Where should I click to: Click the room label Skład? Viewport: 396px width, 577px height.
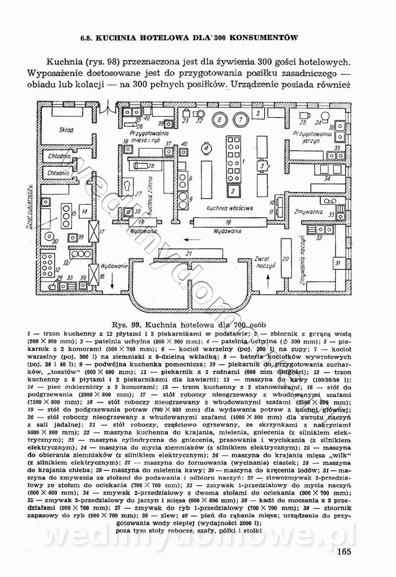tap(65, 130)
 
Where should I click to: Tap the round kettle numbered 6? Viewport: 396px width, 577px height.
tap(219, 119)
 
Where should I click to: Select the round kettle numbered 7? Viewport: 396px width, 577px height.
tap(240, 119)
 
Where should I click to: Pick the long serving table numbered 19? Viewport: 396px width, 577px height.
tap(228, 222)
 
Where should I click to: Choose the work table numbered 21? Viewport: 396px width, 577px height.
tap(189, 254)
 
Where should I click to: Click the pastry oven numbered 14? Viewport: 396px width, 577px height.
tap(85, 211)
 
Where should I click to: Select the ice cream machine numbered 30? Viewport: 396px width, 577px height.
tap(54, 241)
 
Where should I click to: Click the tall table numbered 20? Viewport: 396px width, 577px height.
tap(286, 258)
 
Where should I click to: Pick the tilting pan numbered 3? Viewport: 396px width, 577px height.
tap(261, 166)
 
